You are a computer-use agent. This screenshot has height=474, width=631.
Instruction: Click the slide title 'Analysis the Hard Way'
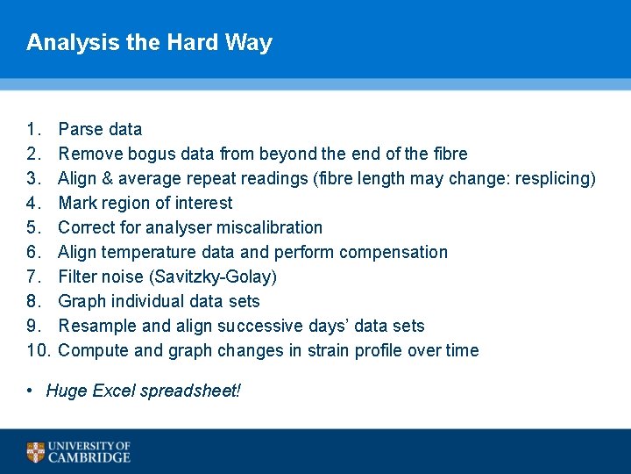149,42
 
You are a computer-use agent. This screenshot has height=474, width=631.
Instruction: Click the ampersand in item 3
108,178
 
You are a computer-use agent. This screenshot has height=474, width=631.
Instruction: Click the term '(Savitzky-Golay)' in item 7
213,276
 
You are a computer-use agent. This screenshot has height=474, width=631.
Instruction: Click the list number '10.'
38,350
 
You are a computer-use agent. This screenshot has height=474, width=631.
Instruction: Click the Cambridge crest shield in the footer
35,452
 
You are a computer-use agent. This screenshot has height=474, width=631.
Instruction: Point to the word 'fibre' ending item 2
450,154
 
